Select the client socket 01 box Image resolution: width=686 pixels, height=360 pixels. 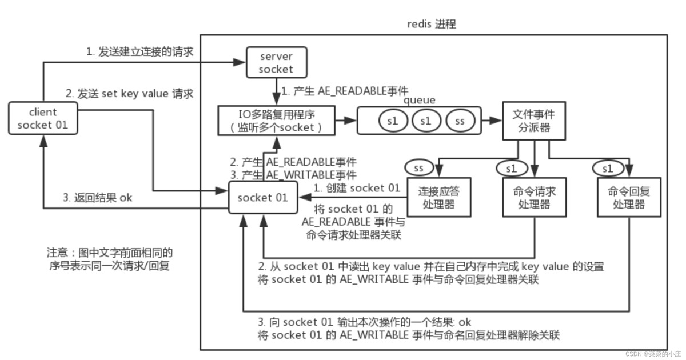click(43, 118)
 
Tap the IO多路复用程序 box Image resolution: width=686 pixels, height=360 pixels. click(277, 121)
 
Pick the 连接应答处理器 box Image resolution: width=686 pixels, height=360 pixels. click(439, 197)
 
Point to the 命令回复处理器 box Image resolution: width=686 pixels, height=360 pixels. click(624, 197)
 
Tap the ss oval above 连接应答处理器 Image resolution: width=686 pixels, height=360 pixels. click(418, 168)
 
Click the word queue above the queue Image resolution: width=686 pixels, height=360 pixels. click(420, 100)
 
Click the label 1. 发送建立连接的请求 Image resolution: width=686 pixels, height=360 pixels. click(139, 52)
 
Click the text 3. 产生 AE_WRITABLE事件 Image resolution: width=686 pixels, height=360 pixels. click(293, 174)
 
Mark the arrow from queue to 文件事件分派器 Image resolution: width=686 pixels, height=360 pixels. click(490, 121)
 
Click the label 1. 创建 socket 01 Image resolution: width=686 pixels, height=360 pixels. click(357, 188)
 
